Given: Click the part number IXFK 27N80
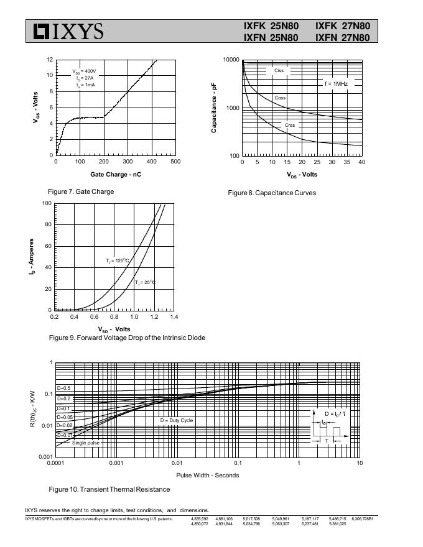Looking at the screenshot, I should tap(342, 26).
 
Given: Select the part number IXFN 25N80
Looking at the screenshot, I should tap(271, 38).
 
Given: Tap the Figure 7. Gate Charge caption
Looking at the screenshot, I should tap(81, 191).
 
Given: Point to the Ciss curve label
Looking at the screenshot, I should tap(279, 71).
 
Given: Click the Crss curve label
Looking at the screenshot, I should tap(290, 126).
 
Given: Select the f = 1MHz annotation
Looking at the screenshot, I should tap(336, 83).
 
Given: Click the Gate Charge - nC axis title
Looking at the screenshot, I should tap(116, 174).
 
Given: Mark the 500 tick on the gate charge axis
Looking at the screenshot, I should tap(175, 162).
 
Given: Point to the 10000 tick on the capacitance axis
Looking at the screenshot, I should tap(231, 60).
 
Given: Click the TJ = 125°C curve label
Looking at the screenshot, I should tap(117, 261).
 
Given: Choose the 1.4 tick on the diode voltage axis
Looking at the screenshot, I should tap(174, 317).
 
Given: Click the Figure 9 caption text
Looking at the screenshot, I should tap(127, 338).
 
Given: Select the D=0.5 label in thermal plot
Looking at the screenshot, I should tap(64, 388).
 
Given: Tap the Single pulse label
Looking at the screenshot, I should tap(86, 443).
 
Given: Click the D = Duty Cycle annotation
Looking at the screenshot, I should tap(177, 420).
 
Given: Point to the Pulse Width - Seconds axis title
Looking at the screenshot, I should tap(207, 476).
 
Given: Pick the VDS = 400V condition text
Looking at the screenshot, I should tap(84, 71).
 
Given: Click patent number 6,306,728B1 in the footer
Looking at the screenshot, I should tap(362, 518).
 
